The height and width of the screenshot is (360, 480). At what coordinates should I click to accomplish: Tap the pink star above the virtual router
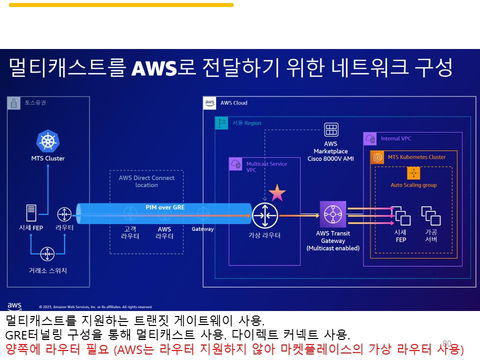[277, 192]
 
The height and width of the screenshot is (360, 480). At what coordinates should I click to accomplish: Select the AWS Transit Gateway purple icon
[332, 214]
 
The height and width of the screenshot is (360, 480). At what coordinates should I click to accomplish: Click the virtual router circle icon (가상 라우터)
[264, 215]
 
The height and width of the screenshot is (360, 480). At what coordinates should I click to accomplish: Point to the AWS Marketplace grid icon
[331, 130]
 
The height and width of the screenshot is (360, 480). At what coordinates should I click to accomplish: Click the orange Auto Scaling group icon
[413, 173]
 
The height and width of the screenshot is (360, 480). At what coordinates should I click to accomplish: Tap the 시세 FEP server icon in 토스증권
[31, 213]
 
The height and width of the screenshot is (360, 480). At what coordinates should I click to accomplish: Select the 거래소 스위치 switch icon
[47, 254]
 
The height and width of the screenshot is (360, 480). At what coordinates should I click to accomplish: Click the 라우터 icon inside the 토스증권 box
[64, 214]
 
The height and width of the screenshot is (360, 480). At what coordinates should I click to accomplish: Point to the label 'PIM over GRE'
[165, 207]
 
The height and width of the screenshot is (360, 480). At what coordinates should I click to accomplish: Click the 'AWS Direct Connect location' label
[146, 181]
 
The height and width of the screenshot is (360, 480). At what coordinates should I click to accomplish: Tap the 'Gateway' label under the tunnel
[202, 229]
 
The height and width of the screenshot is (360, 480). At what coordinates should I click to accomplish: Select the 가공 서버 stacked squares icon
[430, 216]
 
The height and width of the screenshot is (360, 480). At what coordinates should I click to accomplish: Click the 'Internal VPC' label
[395, 138]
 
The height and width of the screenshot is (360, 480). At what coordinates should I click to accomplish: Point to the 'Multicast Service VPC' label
[266, 166]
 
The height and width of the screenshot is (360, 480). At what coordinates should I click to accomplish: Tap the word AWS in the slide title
[154, 68]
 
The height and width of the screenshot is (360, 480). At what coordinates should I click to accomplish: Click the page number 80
[447, 343]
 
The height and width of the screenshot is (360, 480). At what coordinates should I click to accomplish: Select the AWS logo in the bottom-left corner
[14, 306]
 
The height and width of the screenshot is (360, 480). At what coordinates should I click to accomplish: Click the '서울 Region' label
[246, 123]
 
